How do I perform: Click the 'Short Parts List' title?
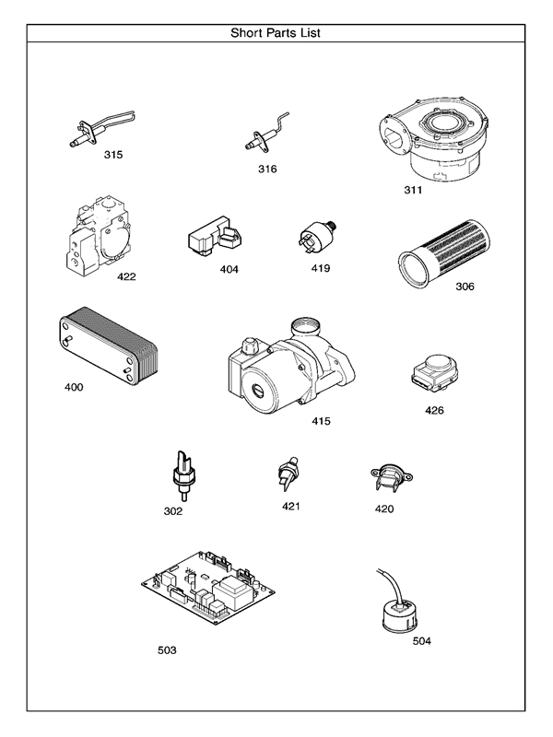pyautogui.click(x=276, y=32)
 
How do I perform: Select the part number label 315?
pyautogui.click(x=112, y=154)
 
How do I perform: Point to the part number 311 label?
pyautogui.click(x=413, y=191)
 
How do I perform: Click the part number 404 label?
pyautogui.click(x=229, y=270)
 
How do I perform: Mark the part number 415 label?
pyautogui.click(x=321, y=421)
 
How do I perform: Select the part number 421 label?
pyautogui.click(x=291, y=506)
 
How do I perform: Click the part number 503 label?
pyautogui.click(x=167, y=649)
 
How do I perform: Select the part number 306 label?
pyautogui.click(x=465, y=287)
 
